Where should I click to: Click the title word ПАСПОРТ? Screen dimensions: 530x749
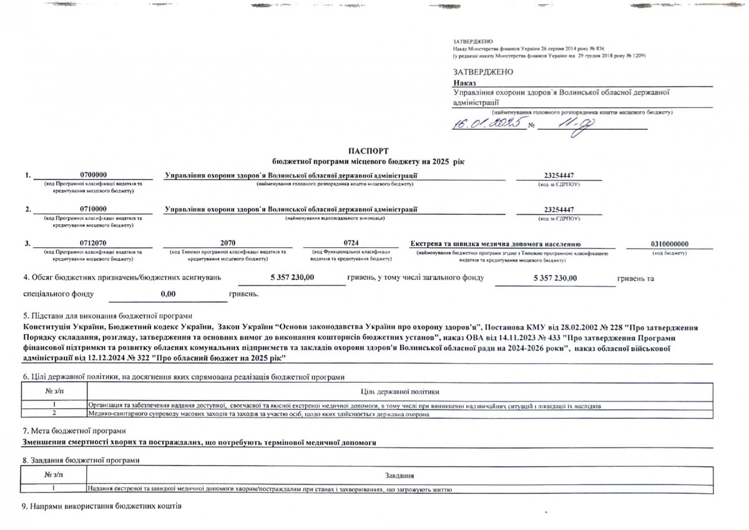[x=368, y=152]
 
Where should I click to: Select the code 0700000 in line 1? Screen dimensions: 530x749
[x=94, y=176]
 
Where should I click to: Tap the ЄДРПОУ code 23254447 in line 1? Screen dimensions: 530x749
[x=559, y=176]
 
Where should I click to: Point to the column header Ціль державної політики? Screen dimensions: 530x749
[x=400, y=391]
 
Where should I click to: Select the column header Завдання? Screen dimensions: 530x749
[x=400, y=476]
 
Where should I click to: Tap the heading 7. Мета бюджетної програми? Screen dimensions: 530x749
[x=74, y=431]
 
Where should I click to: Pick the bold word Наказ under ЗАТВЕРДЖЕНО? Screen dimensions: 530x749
[x=464, y=82]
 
